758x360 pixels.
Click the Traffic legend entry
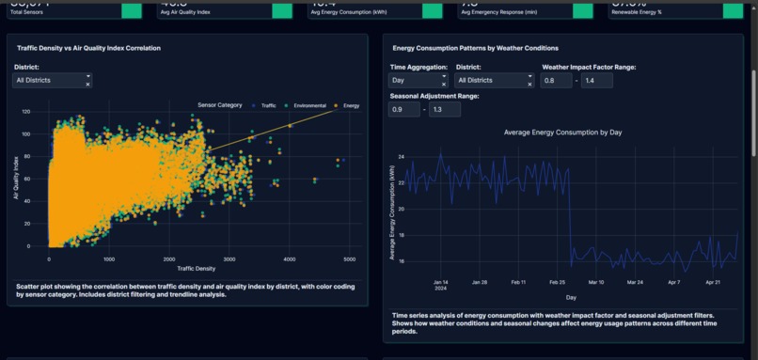267,105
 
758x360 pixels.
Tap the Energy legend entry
351,105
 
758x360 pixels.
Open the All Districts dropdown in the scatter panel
52,81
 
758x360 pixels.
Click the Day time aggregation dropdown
418,81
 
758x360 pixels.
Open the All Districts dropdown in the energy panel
494,81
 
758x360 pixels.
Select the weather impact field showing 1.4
597,81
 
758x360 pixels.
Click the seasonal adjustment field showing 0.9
403,110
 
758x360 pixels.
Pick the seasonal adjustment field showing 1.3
445,110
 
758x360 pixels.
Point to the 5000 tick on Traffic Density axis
349,258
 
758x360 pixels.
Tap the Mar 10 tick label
595,281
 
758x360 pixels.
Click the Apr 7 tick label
673,281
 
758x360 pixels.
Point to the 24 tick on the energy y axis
401,157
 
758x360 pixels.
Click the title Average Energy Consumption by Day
563,133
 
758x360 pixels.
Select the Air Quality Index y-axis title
16,179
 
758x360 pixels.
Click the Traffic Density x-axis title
190,268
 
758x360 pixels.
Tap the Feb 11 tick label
518,281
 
